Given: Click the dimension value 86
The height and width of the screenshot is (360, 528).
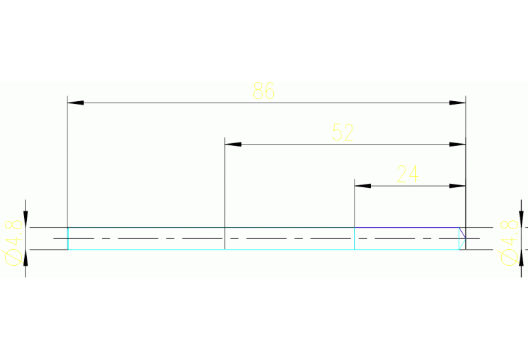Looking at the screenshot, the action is point(264,91).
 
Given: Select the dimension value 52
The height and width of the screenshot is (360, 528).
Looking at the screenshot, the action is point(343,132).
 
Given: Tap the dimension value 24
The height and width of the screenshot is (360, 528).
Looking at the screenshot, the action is point(408,173).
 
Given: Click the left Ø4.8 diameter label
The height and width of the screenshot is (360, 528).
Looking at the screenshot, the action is point(14,242).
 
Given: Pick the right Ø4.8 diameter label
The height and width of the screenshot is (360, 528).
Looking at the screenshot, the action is point(509,242).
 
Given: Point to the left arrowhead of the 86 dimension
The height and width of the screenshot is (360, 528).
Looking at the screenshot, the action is point(76,103).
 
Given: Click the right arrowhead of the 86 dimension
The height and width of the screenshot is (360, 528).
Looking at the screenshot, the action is point(458,103).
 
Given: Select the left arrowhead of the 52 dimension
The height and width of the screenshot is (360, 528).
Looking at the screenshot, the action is point(233,145).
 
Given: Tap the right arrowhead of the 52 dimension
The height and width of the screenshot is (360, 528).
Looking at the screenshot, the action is point(458,145).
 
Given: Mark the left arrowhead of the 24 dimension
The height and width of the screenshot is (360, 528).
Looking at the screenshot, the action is point(363,186).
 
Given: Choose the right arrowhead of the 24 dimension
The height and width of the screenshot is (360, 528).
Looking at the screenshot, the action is point(458,186).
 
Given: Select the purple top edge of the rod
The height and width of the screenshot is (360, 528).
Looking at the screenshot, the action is point(407,228).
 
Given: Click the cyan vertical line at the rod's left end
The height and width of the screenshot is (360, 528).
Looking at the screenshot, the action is point(68,239).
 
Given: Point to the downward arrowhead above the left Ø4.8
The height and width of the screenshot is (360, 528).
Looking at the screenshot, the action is point(25,219).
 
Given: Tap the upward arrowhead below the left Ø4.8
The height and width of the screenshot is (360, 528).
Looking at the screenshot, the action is point(25,258).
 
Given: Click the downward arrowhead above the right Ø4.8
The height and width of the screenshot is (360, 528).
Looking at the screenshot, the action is point(521,219).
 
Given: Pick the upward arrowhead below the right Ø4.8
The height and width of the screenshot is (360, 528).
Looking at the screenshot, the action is point(521,258).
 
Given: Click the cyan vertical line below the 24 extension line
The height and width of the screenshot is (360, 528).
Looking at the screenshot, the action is point(355,239).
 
